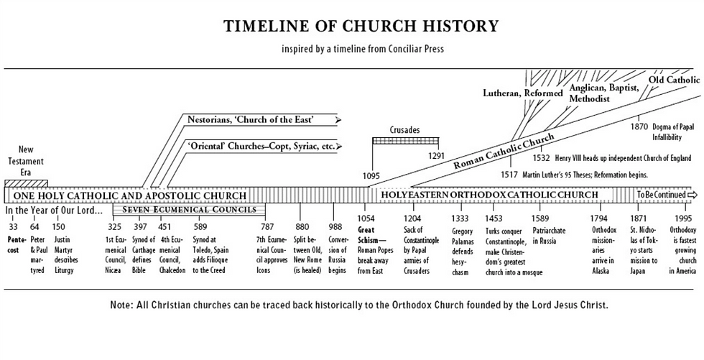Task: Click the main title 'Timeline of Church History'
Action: pyautogui.click(x=361, y=27)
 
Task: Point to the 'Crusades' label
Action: pyautogui.click(x=404, y=130)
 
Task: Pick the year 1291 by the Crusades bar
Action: pyautogui.click(x=437, y=154)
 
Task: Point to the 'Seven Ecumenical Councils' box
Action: pyautogui.click(x=189, y=210)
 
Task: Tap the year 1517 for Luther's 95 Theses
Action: pyautogui.click(x=510, y=175)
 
